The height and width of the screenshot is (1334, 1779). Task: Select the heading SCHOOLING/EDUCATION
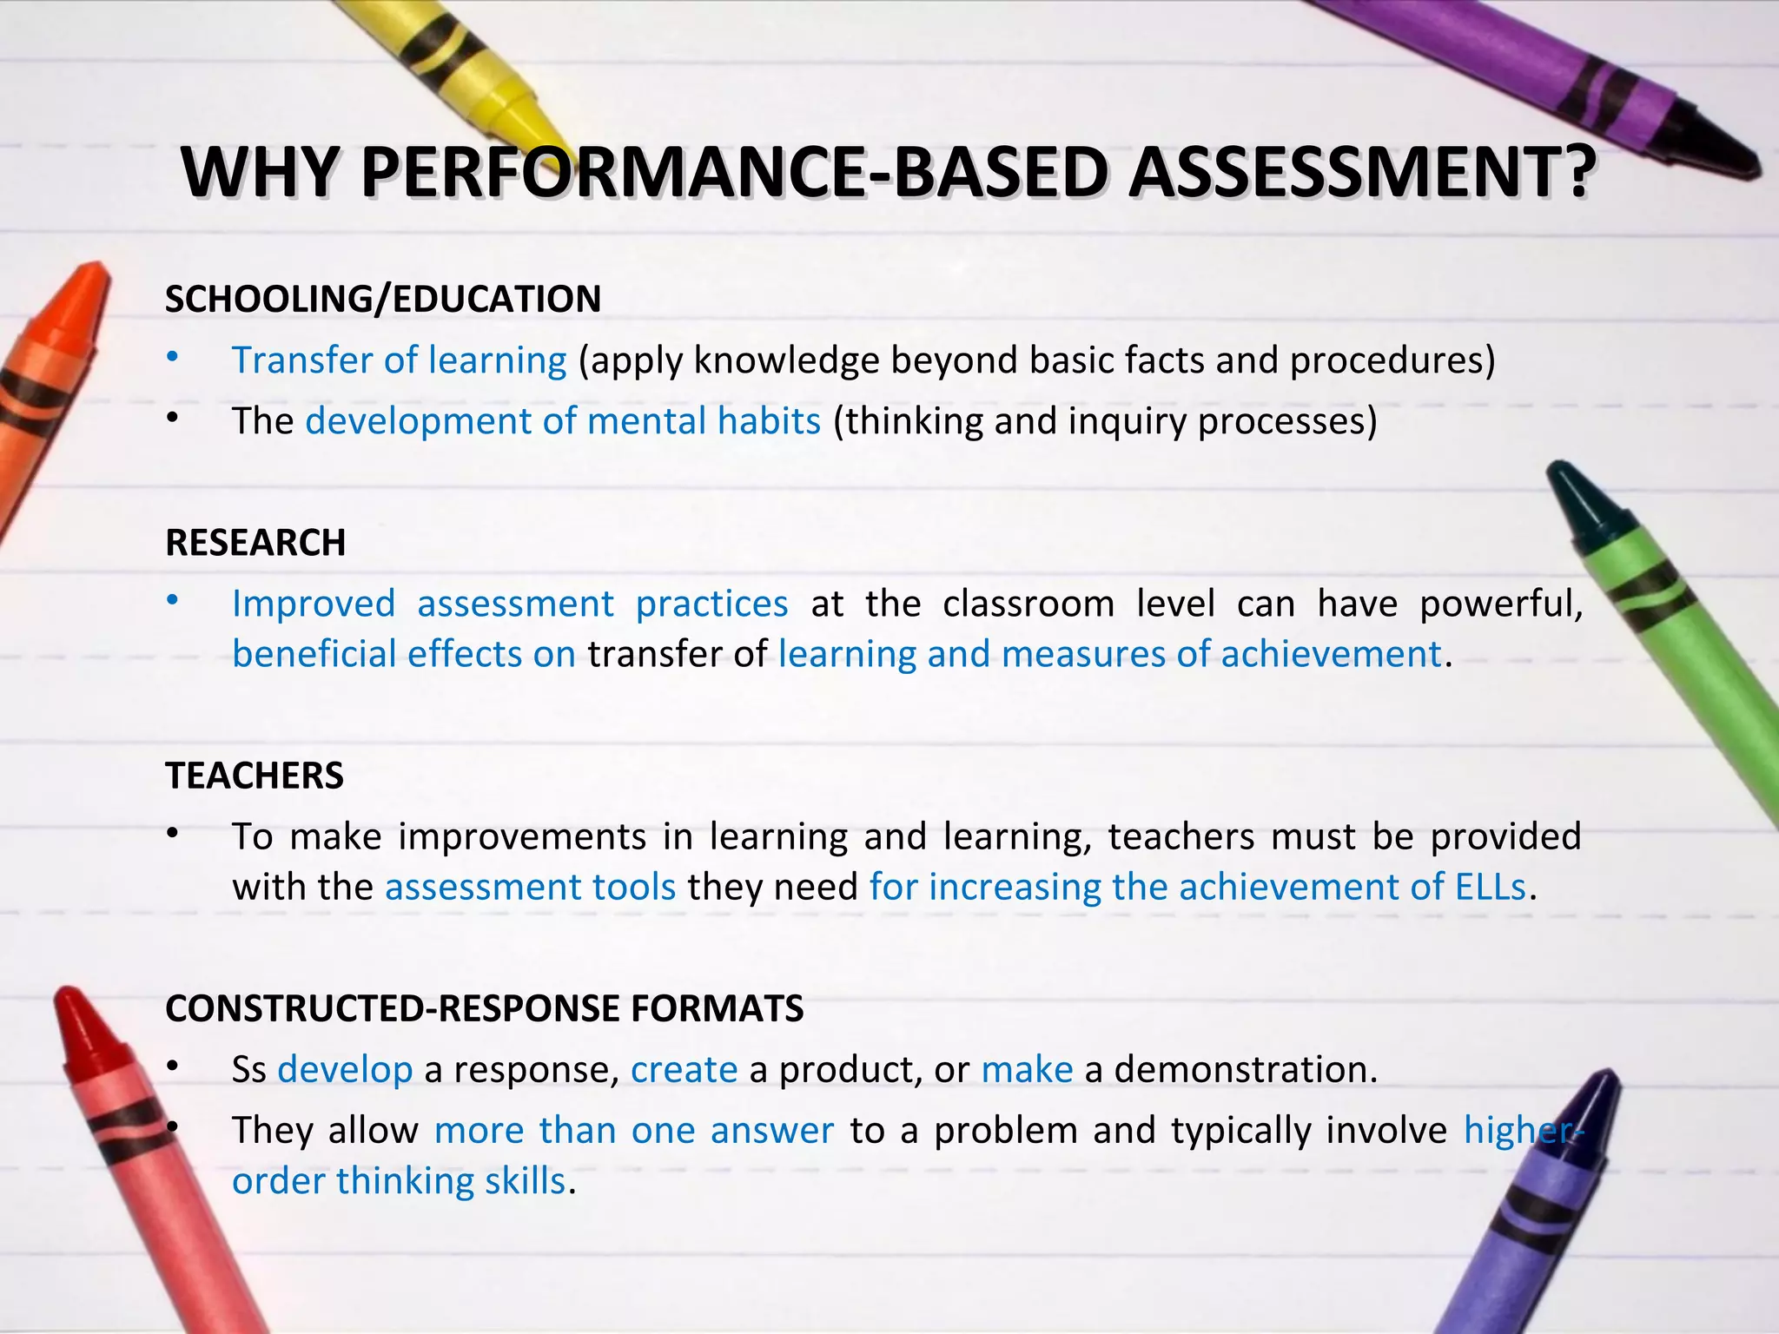pos(383,299)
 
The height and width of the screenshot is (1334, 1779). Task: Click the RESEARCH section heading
pos(255,543)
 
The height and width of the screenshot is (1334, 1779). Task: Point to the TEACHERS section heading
pos(255,776)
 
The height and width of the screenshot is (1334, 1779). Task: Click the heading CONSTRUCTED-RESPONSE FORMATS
pos(485,1008)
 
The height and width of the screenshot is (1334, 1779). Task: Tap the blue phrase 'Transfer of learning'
pos(399,360)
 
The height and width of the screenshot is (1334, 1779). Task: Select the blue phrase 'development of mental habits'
pos(563,421)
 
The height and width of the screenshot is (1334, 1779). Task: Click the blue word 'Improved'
pos(314,604)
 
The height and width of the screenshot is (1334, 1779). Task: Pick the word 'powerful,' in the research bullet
pos(1501,604)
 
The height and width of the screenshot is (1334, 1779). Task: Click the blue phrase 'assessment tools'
pos(530,887)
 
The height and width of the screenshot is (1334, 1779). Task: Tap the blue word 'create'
pos(684,1069)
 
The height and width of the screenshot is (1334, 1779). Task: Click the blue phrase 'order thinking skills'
pos(399,1181)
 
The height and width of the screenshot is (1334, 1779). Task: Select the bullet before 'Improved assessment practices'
pos(173,599)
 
